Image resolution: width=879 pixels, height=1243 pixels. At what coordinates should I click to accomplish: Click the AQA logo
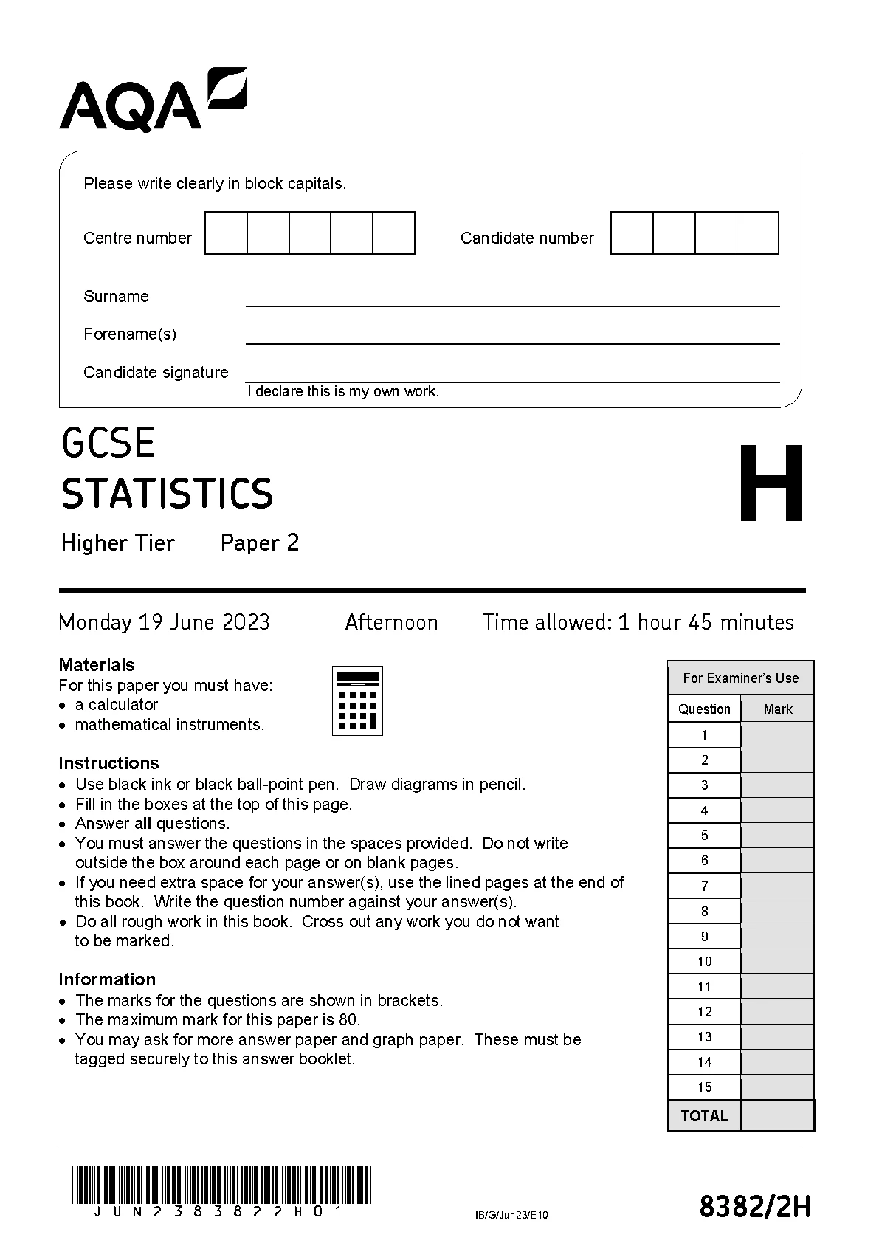coord(152,101)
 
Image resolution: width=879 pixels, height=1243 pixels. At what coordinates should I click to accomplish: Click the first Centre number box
coord(226,233)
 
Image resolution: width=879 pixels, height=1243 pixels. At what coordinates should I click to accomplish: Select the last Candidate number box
coord(758,233)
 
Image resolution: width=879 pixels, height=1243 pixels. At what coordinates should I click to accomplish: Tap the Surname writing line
coord(512,298)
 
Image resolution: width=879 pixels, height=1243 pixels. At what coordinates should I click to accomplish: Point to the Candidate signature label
coord(156,373)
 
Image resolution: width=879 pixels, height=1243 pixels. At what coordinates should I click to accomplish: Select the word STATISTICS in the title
coord(167,495)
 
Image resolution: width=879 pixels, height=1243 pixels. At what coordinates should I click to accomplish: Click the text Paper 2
coord(260,543)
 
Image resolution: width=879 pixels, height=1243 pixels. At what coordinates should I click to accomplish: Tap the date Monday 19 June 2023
coord(164,623)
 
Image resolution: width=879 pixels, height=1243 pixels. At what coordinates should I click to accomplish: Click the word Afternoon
coord(391,623)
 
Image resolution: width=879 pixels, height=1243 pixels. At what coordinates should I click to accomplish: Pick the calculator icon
coord(358,700)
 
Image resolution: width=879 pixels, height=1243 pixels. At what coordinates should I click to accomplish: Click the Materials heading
coord(97,665)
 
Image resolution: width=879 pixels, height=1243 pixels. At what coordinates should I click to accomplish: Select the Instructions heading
coord(108,763)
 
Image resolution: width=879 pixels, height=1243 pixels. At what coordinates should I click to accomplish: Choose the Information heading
coord(107,979)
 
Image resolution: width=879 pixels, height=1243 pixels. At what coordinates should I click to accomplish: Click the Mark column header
coord(778,709)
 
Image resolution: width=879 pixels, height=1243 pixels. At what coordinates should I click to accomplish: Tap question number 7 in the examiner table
coord(705,886)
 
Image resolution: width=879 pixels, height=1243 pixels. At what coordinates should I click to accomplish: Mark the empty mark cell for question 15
coord(777,1087)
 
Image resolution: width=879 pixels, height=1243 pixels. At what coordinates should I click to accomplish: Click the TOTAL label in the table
coord(705,1116)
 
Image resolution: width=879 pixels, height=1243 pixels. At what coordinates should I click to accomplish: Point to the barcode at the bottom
coord(221,1186)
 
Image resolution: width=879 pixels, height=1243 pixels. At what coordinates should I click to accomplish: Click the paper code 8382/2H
coord(755,1208)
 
